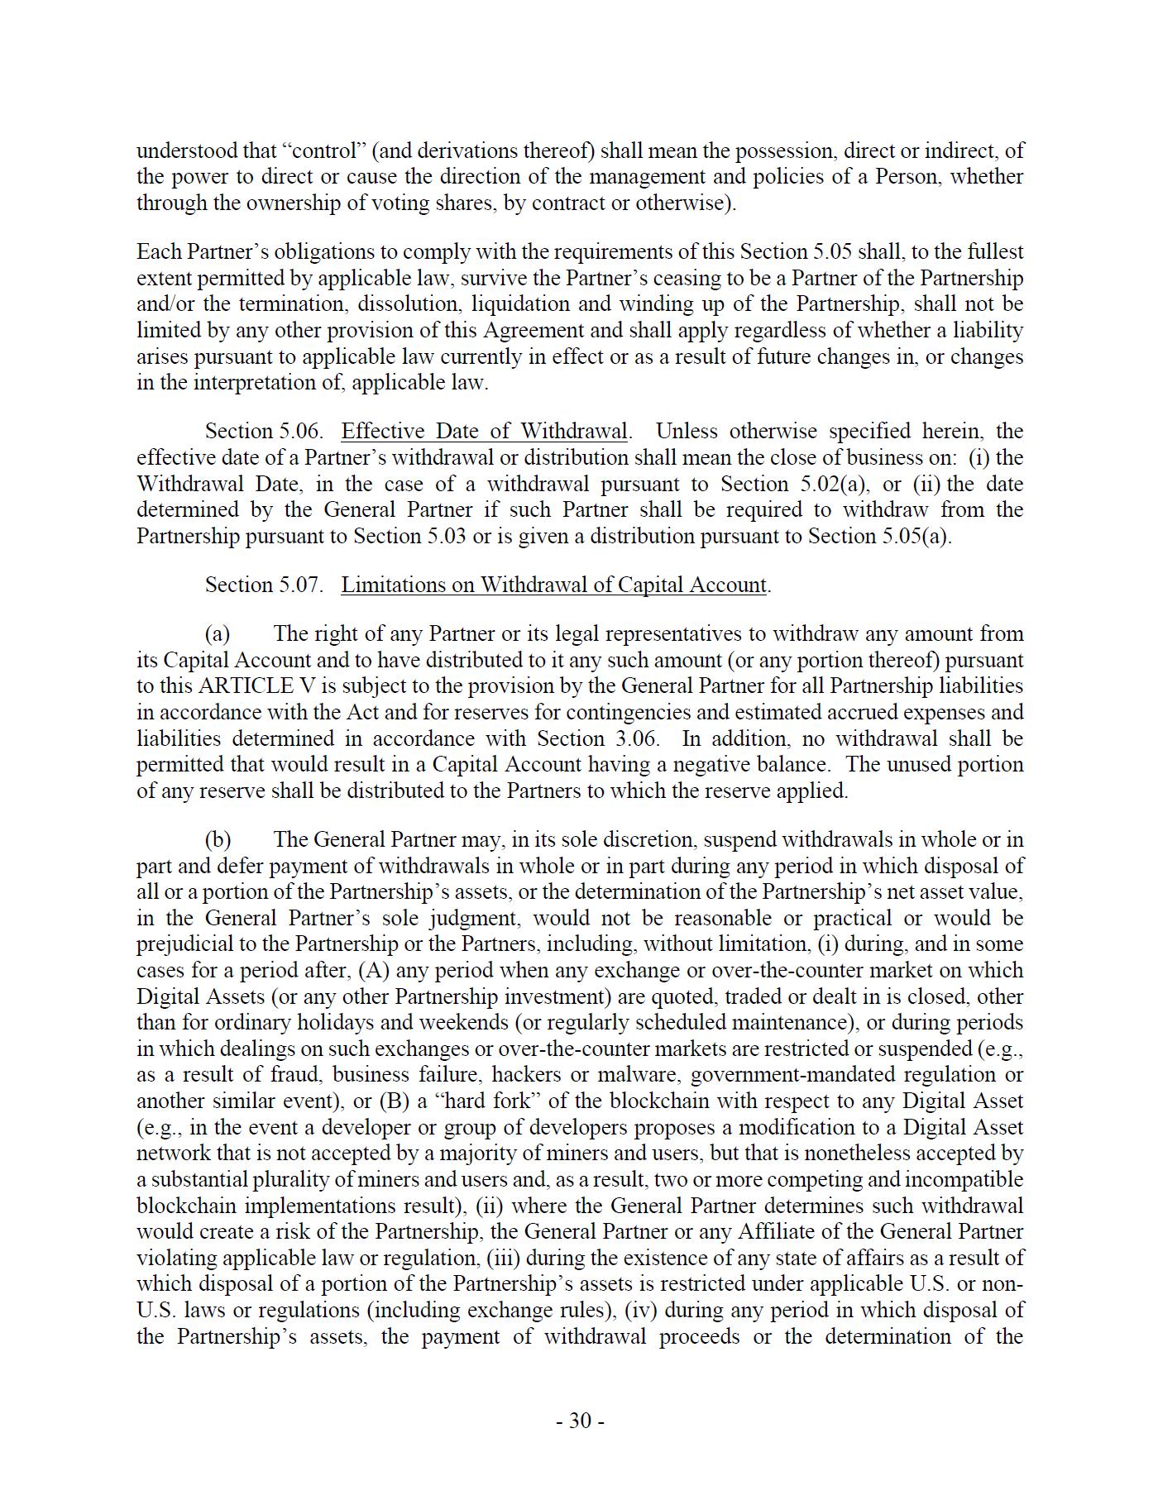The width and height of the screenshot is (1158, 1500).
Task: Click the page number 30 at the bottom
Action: point(580,1421)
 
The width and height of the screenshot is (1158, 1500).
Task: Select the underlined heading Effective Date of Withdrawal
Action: point(484,431)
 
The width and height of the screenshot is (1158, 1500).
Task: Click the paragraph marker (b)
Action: point(218,839)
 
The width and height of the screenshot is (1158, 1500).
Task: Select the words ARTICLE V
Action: point(246,686)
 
